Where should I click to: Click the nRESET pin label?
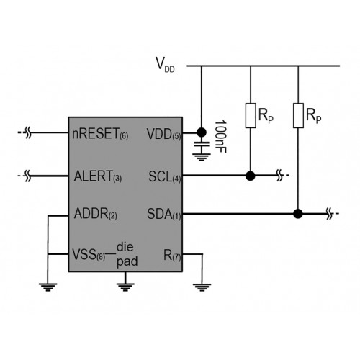point(100,134)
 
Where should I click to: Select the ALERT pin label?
point(98,176)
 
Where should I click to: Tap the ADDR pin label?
point(96,214)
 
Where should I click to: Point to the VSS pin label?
point(89,254)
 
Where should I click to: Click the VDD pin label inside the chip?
point(163,134)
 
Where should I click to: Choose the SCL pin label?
point(165,177)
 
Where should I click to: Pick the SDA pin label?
point(164,214)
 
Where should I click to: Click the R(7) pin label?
point(172,255)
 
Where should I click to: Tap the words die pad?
point(127,255)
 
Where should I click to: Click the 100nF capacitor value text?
point(220,137)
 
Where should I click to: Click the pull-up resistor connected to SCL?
point(251,115)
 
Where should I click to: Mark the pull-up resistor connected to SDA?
point(298,115)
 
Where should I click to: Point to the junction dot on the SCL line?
point(251,176)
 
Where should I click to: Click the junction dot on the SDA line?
point(298,214)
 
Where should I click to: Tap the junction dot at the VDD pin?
point(202,132)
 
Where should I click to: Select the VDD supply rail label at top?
point(165,64)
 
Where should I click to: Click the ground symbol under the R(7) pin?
point(202,287)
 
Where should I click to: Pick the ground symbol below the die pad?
point(125,287)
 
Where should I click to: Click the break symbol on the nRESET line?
point(28,132)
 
